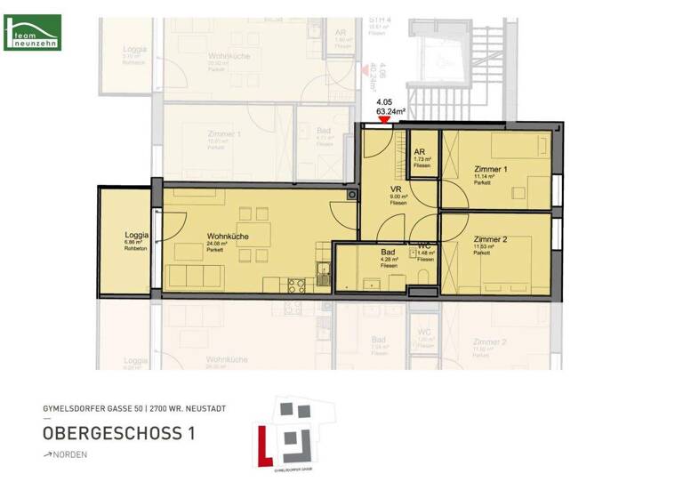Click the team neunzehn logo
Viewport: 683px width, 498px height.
point(33,32)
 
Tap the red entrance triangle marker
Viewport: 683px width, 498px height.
point(384,124)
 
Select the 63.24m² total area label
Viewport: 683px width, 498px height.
point(392,113)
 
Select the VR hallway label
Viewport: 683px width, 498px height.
point(398,189)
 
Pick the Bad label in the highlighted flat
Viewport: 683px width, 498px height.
point(388,252)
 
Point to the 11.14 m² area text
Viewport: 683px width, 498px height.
point(486,177)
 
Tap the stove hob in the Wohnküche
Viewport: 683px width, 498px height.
point(297,285)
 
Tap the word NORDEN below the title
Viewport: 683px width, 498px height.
point(71,454)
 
